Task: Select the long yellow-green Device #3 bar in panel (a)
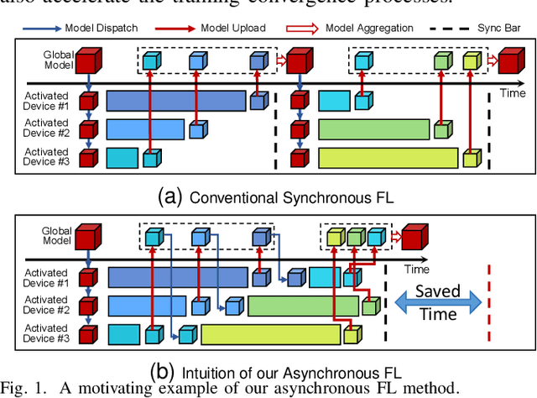388,158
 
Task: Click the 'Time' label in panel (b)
415,270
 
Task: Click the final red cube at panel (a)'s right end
508,60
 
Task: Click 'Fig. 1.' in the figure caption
23,388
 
